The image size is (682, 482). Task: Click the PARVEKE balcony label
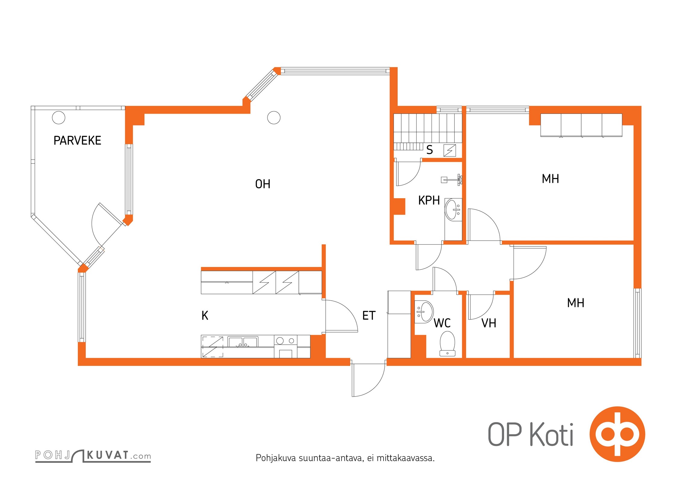pyautogui.click(x=77, y=140)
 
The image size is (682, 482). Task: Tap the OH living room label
pyautogui.click(x=263, y=184)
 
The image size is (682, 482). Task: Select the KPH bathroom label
pyautogui.click(x=429, y=200)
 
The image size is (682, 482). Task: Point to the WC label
pyautogui.click(x=442, y=323)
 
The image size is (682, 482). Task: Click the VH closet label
pyautogui.click(x=489, y=323)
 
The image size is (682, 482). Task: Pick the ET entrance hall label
pyautogui.click(x=369, y=315)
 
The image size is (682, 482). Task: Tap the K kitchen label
pyautogui.click(x=205, y=315)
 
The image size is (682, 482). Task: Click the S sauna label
pyautogui.click(x=430, y=150)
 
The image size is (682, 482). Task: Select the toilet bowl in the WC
pyautogui.click(x=447, y=344)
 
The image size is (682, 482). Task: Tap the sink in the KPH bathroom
pyautogui.click(x=453, y=210)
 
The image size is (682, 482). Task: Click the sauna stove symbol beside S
pyautogui.click(x=450, y=150)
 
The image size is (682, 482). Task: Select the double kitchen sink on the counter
pyautogui.click(x=243, y=342)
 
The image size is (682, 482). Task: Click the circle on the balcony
pyautogui.click(x=58, y=117)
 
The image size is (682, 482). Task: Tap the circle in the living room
pyautogui.click(x=274, y=117)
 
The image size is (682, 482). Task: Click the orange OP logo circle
pyautogui.click(x=617, y=434)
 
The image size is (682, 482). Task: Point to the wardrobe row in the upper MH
pyautogui.click(x=581, y=125)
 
